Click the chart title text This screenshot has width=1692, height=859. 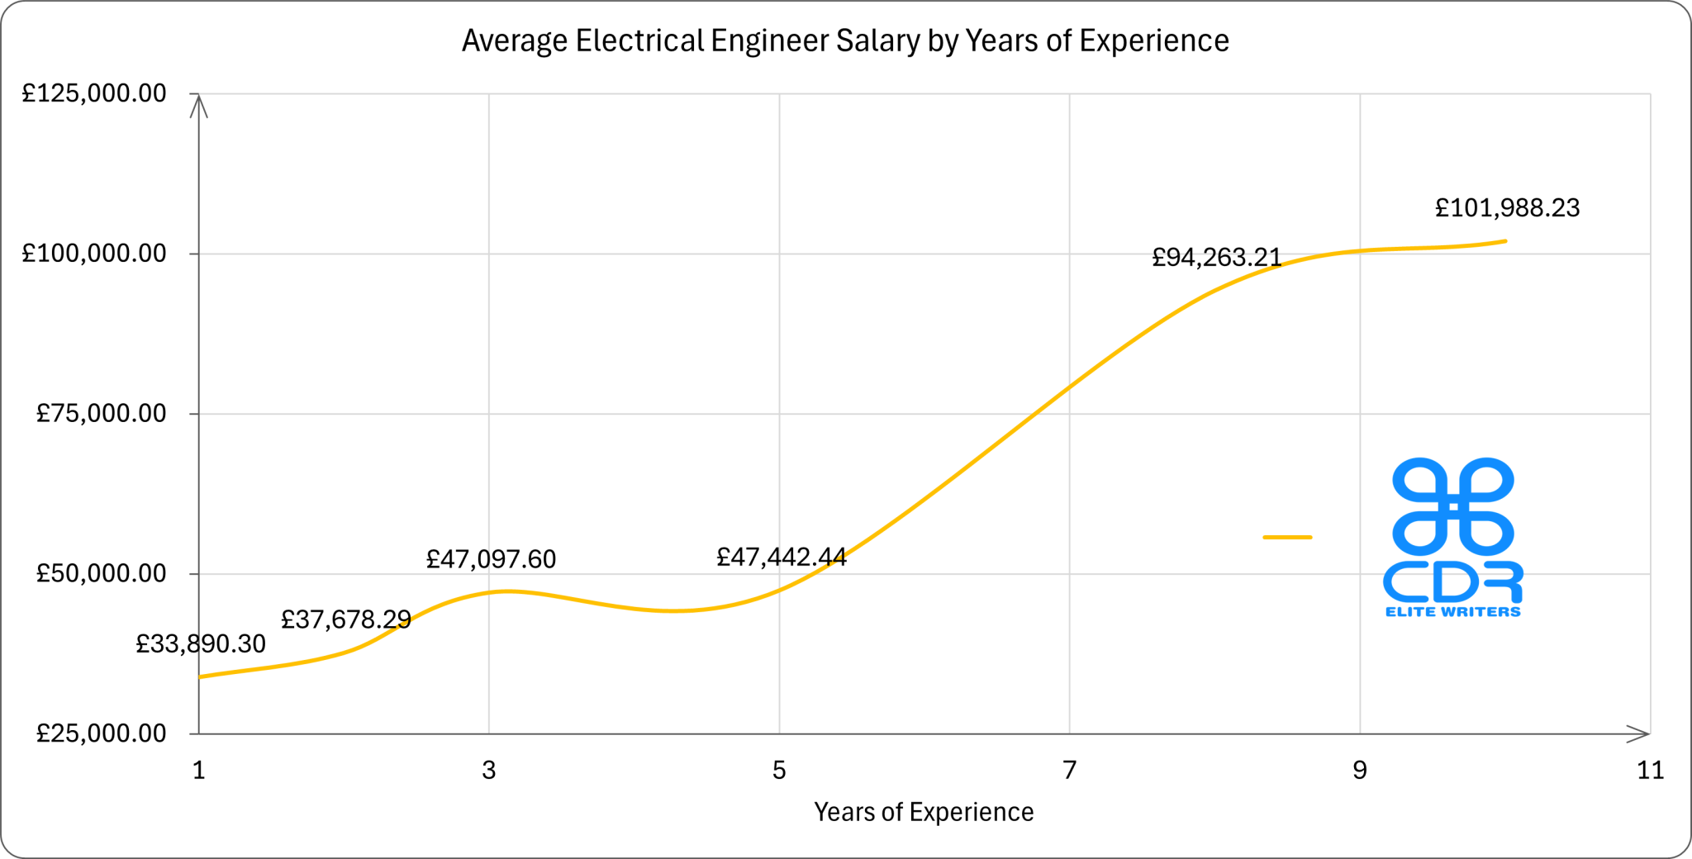click(845, 40)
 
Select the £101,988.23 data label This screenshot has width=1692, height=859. click(1507, 207)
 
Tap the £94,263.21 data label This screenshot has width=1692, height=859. click(1216, 258)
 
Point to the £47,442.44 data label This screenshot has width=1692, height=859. click(781, 558)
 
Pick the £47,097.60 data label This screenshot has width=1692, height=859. click(491, 559)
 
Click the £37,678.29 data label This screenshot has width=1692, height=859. click(345, 619)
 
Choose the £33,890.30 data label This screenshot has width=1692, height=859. click(201, 644)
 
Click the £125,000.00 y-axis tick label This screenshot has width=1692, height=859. click(94, 93)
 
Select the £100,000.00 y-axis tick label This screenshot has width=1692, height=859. click(94, 254)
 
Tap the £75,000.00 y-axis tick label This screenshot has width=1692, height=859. click(101, 413)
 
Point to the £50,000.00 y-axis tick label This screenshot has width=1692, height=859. click(101, 573)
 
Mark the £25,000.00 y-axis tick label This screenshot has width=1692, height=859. click(101, 733)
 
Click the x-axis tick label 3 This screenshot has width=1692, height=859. click(489, 771)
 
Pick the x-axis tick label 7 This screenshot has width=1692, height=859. click(1069, 771)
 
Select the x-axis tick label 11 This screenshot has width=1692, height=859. click(1650, 771)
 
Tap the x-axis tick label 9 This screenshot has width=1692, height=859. click(1360, 771)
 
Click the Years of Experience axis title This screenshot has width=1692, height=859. click(924, 812)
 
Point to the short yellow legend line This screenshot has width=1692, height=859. click(1287, 538)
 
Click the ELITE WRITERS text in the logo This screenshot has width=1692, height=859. click(1452, 612)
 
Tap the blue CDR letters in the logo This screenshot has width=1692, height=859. click(1452, 582)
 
